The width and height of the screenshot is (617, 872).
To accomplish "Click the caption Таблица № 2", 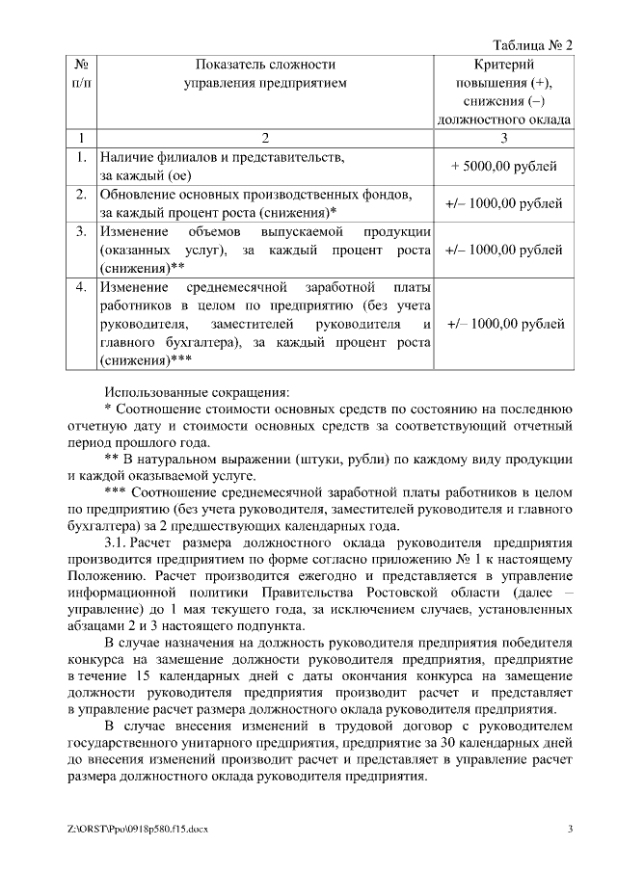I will point(532,45).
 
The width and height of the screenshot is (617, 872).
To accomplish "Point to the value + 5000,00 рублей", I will point(503,166).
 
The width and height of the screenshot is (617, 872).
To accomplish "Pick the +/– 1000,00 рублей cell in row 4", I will point(505,324).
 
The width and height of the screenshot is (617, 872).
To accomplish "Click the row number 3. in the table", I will point(82,232).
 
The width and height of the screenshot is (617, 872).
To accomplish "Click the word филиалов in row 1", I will point(178,157).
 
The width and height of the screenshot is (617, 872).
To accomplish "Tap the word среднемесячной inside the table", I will point(228,287).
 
